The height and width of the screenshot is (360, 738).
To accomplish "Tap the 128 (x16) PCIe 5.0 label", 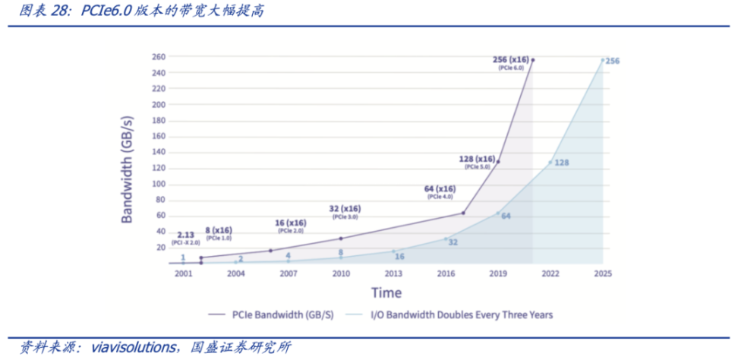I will point(478,159).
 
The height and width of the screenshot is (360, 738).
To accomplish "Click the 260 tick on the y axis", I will point(158,57).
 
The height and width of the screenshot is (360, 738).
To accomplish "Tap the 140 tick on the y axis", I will point(158,152).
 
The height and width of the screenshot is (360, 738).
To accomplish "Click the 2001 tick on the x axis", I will point(183,273).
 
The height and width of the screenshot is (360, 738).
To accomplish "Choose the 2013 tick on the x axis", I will point(393,273).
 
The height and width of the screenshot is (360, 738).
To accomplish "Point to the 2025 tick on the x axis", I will point(602,273).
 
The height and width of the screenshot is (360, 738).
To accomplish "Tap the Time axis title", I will point(386,292).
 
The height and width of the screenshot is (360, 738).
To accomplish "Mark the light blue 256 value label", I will point(613,61).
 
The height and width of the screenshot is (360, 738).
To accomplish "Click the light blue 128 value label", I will point(562,163).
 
